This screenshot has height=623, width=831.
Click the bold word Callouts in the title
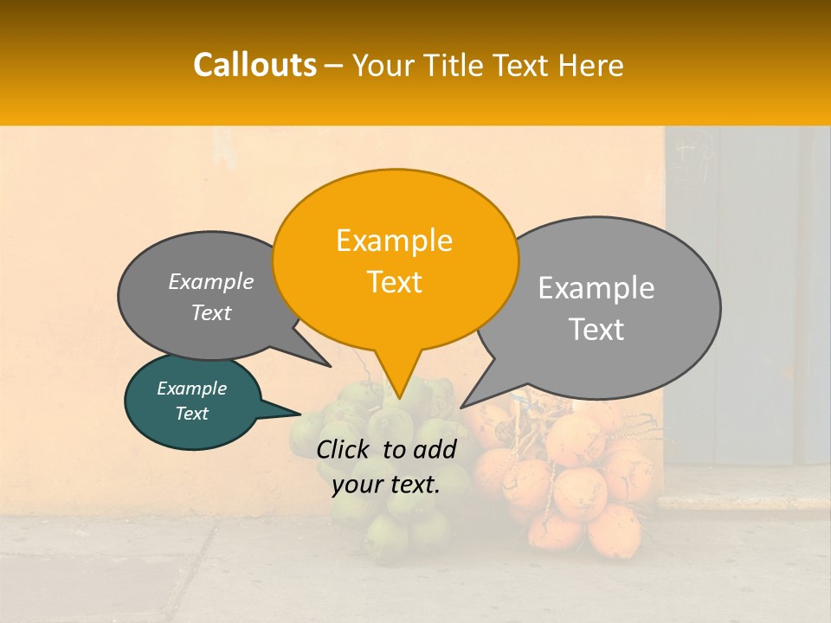pos(254,65)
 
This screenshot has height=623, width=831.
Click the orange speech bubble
pos(395,260)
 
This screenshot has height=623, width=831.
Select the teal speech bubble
pos(192,401)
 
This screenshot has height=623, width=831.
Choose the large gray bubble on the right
pos(597,307)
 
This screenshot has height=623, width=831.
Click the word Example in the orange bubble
pos(394,241)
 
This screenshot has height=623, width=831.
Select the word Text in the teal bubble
pos(192,414)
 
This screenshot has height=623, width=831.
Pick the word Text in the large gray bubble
pos(597,330)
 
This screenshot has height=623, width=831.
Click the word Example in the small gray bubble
pos(211,282)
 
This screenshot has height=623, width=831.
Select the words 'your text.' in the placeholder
pos(386,485)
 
